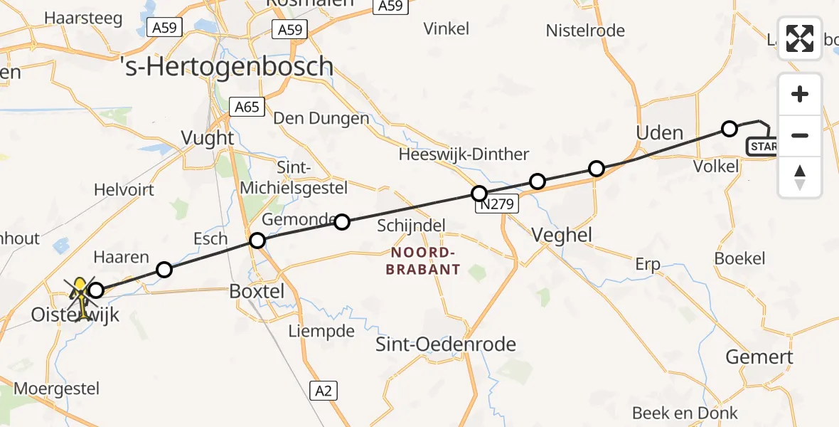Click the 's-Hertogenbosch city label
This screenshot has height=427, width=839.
pyautogui.click(x=227, y=66)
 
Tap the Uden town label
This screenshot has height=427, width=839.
pyautogui.click(x=659, y=133)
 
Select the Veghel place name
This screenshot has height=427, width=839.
pyautogui.click(x=562, y=236)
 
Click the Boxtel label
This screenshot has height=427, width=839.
pyautogui.click(x=257, y=291)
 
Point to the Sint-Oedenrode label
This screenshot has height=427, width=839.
pyautogui.click(x=446, y=345)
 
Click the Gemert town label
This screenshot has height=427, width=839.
pyautogui.click(x=760, y=357)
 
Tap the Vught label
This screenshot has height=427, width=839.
pyautogui.click(x=208, y=137)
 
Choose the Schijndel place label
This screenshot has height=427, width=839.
pyautogui.click(x=411, y=226)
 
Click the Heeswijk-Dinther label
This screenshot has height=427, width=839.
pyautogui.click(x=464, y=154)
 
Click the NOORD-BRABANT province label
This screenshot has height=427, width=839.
pyautogui.click(x=423, y=261)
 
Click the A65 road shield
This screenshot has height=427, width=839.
pyautogui.click(x=247, y=107)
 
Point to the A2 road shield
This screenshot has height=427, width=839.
pyautogui.click(x=323, y=390)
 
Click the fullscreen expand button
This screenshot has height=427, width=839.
pyautogui.click(x=800, y=38)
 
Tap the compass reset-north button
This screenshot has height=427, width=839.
pyautogui.click(x=800, y=177)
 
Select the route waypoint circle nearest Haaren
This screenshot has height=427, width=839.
pyautogui.click(x=164, y=270)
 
